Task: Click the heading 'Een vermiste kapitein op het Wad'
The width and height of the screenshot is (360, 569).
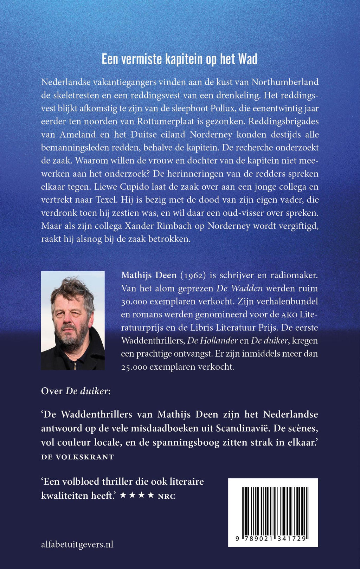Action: [x=179, y=59]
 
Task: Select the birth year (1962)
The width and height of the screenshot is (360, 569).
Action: [x=193, y=275]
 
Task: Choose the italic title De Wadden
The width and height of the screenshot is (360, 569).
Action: [x=239, y=289]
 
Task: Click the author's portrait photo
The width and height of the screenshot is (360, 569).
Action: [x=73, y=320]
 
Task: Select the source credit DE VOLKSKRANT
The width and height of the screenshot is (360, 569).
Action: [x=77, y=457]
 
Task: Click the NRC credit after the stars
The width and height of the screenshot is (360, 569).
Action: [x=167, y=496]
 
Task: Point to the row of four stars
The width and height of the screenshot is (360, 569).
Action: [x=137, y=495]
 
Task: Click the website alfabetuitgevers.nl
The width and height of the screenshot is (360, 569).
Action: [x=77, y=544]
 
